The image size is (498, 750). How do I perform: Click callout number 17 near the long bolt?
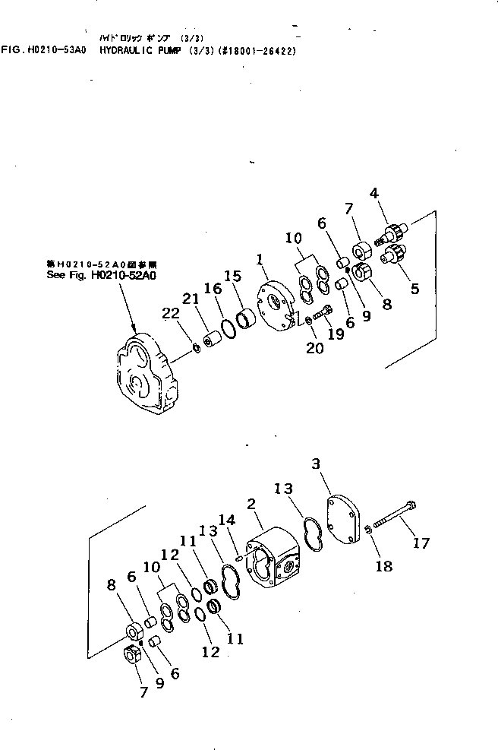pyautogui.click(x=421, y=543)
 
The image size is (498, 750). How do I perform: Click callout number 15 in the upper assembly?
pyautogui.click(x=233, y=275)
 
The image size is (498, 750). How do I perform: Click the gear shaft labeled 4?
pyautogui.click(x=395, y=228)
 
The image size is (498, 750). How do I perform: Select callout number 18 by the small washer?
pyautogui.click(x=385, y=566)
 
